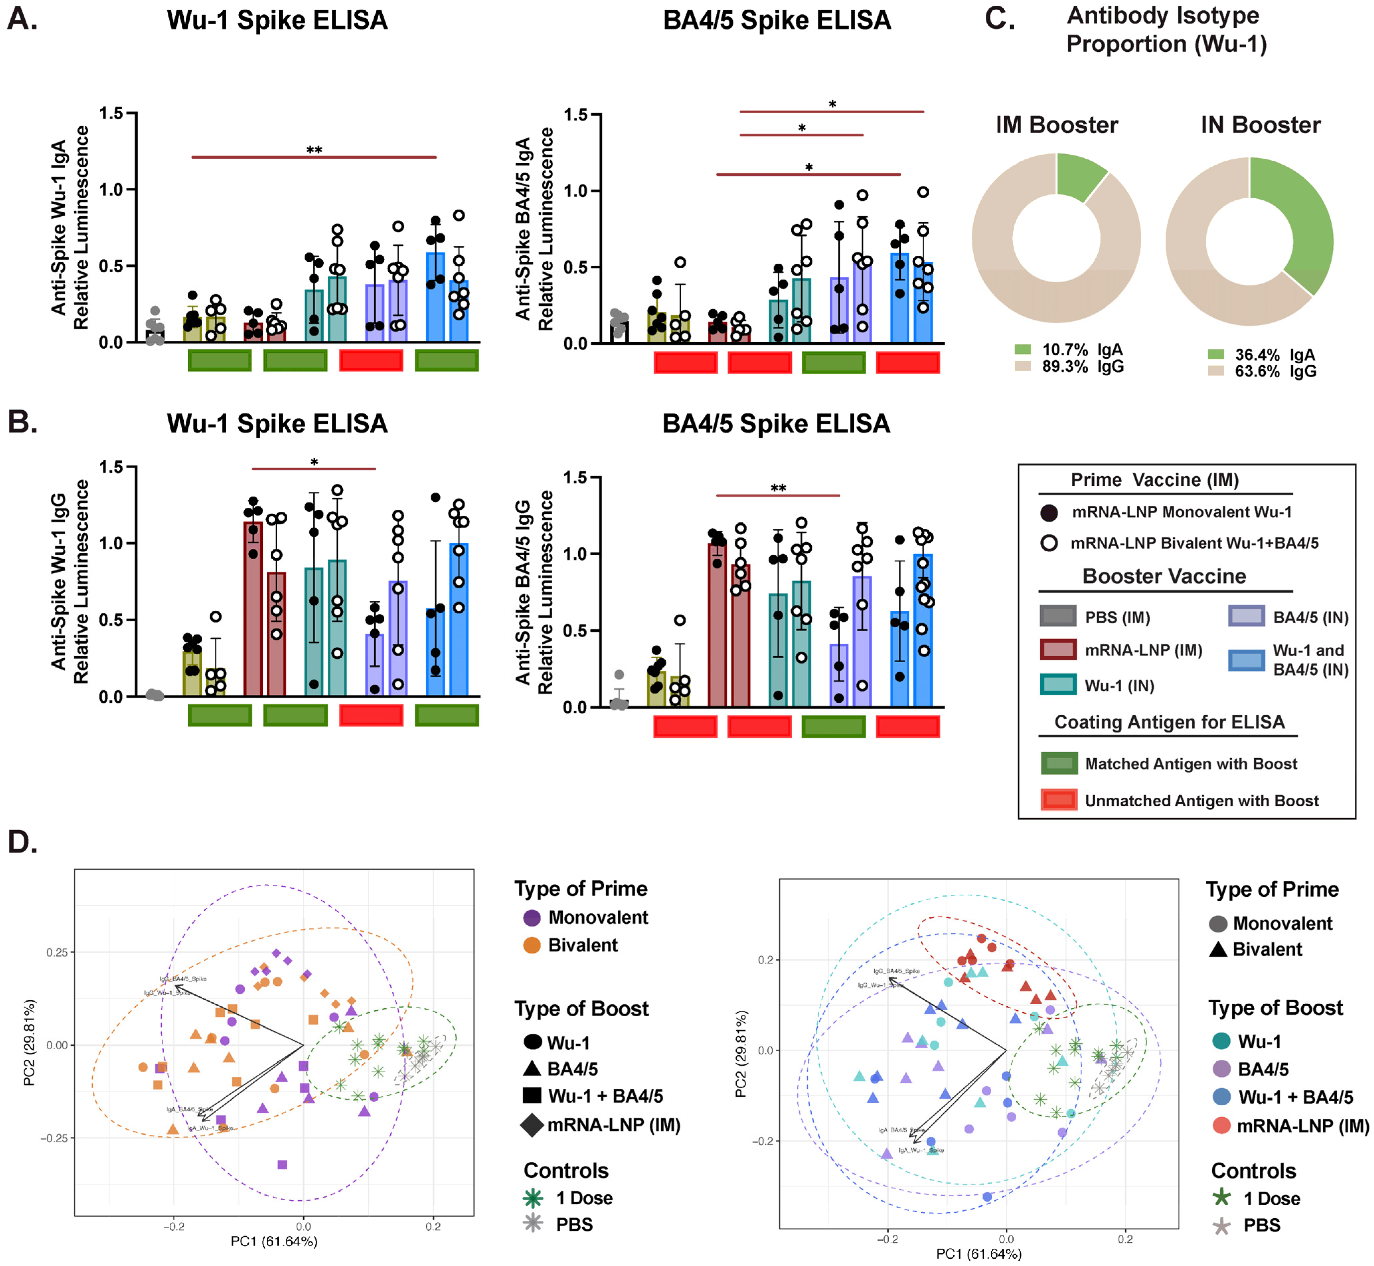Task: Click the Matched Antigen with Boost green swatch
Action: tap(1058, 763)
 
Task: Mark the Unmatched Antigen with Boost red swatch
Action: tap(1058, 800)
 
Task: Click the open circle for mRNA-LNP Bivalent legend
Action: tap(1049, 543)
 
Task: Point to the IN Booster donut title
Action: tap(1260, 125)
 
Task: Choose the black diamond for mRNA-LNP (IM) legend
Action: tap(532, 1125)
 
